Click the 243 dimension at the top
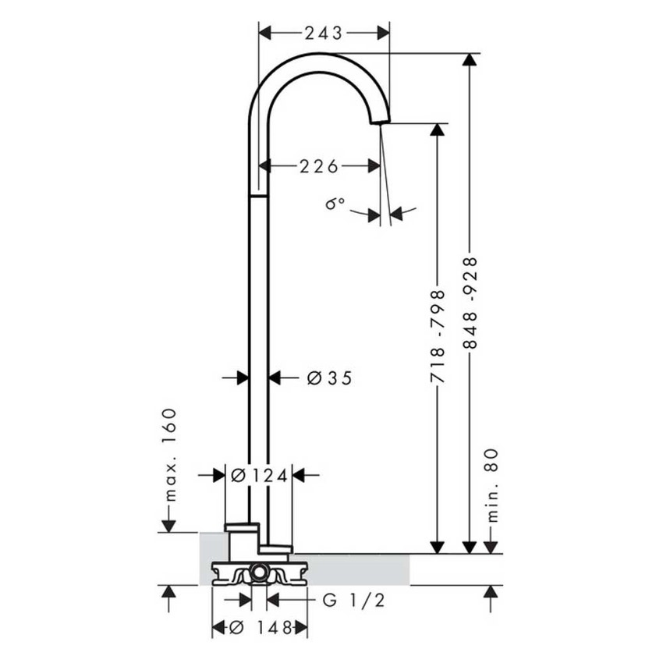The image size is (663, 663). [323, 33]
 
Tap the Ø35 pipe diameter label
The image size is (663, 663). [329, 378]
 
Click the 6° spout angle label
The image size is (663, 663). [335, 204]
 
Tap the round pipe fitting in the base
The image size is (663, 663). [258, 576]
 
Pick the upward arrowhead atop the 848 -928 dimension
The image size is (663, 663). [470, 62]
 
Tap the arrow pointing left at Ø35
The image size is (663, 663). [275, 378]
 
